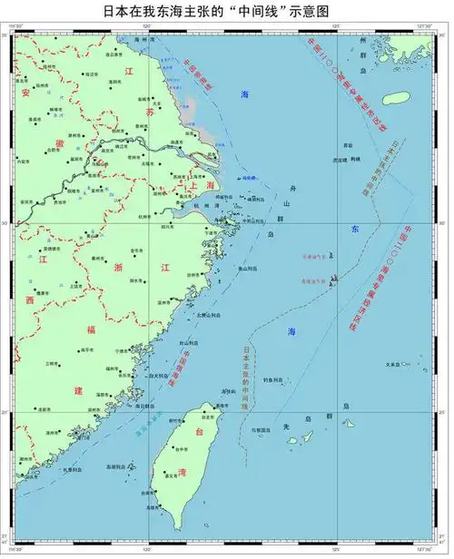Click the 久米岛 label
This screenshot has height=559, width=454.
click(x=393, y=366)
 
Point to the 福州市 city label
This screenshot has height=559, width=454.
click(x=113, y=369)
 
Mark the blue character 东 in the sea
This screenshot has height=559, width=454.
click(x=355, y=230)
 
